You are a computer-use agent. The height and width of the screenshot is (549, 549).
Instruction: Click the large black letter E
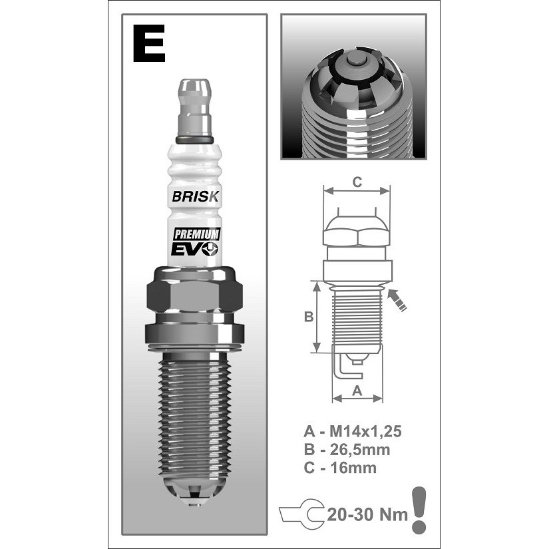pyautogui.click(x=149, y=43)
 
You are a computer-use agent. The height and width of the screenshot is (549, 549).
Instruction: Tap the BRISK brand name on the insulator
pyautogui.click(x=195, y=196)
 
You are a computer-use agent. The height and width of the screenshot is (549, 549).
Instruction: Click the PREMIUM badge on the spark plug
pyautogui.click(x=197, y=234)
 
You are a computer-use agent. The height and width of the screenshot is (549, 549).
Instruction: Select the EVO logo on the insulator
pyautogui.click(x=194, y=249)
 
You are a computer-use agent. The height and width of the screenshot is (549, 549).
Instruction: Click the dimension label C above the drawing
pyautogui.click(x=357, y=182)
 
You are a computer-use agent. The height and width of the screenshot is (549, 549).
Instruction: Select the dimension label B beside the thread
pyautogui.click(x=309, y=317)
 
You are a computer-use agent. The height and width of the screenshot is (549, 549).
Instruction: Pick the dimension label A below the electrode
pyautogui.click(x=357, y=391)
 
